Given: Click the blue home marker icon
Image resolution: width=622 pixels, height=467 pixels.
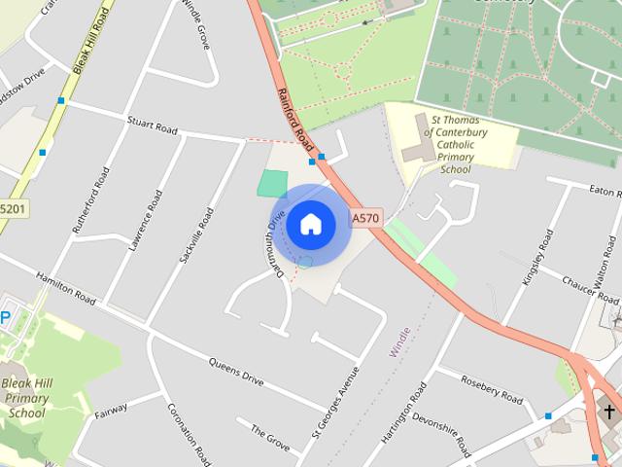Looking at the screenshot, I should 310,224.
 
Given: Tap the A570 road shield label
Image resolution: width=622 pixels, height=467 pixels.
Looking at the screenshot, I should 365,219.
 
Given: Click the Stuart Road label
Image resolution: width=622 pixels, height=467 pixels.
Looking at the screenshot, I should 154,126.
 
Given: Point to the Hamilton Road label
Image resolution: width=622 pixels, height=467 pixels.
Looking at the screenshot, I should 66,288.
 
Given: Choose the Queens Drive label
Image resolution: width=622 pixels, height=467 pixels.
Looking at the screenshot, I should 236,370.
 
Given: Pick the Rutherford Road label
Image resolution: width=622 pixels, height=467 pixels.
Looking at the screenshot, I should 91,199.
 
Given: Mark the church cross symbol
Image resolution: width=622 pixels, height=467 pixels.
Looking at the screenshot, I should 609,413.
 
